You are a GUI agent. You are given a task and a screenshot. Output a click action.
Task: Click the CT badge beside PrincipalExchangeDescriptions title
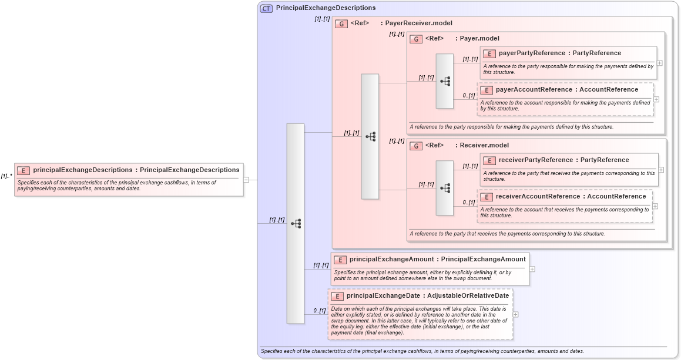[x=266, y=8]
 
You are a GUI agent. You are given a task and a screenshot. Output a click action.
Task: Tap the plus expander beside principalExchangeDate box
[x=516, y=314]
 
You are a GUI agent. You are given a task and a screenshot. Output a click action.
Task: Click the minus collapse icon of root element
[x=246, y=180]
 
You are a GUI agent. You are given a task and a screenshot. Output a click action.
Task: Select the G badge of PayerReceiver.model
[x=341, y=24]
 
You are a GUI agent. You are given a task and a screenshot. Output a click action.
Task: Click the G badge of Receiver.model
[x=416, y=146]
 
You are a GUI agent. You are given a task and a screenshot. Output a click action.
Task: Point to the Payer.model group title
[x=479, y=38]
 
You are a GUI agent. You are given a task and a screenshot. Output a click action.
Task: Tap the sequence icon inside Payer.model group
[x=445, y=81]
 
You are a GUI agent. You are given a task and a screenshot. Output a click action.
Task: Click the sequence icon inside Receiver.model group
[x=445, y=188]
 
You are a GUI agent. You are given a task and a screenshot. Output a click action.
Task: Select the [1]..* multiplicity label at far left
[x=7, y=176]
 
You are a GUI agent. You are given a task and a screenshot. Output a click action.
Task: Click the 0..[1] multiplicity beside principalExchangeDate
[x=319, y=311]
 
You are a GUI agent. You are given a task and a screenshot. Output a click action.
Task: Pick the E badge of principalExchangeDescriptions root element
[x=24, y=170]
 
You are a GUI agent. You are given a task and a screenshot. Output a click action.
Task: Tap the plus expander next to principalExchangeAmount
[x=532, y=269]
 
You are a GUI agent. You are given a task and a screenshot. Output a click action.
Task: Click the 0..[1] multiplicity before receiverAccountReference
[x=468, y=202]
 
